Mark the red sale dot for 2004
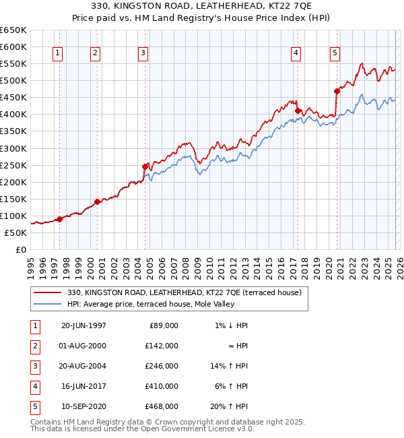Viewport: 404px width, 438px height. pyautogui.click(x=145, y=166)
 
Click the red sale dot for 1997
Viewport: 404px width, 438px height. pyautogui.click(x=59, y=219)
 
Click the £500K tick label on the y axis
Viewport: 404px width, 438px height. pyautogui.click(x=13, y=81)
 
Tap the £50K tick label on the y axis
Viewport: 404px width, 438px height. pyautogui.click(x=16, y=232)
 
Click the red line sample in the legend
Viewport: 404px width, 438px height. pyautogui.click(x=48, y=292)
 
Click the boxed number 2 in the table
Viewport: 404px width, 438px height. pyautogui.click(x=34, y=346)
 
